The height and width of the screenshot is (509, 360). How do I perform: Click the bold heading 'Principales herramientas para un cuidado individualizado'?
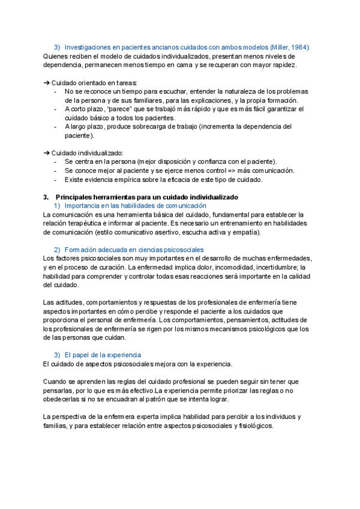[147, 197]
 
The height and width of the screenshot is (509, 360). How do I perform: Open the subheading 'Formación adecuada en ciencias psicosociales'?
[134, 250]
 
